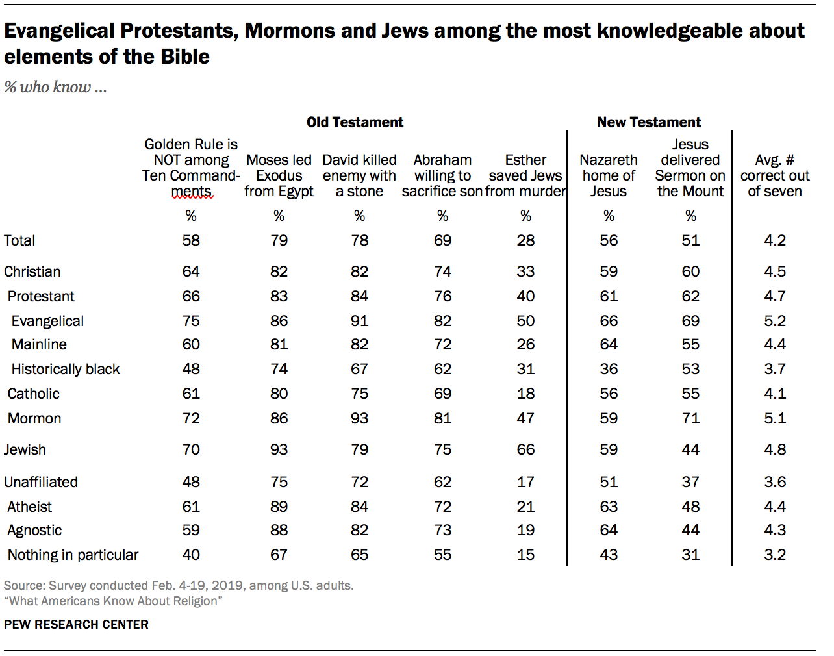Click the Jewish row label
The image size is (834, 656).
click(25, 449)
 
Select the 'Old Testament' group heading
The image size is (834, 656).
click(355, 122)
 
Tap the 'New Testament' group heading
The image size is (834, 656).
click(648, 122)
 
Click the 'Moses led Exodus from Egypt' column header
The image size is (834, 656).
click(279, 175)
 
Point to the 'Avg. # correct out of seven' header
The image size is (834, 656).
click(774, 175)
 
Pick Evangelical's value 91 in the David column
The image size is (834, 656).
click(359, 321)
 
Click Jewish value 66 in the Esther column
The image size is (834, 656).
click(525, 449)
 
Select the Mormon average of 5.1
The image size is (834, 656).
click(774, 418)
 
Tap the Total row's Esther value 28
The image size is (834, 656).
click(525, 240)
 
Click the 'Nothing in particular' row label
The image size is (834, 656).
click(73, 555)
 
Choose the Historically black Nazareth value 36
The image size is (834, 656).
click(609, 369)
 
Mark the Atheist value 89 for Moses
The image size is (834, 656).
click(279, 507)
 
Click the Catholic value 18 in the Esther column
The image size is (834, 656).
click(525, 394)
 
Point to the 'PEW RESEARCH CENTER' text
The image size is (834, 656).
click(76, 624)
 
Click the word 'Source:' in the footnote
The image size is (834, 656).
click(24, 585)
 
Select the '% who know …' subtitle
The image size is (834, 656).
click(55, 87)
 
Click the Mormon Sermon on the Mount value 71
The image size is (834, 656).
click(690, 418)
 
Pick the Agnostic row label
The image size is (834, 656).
click(34, 530)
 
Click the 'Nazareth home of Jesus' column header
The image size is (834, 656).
click(609, 175)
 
